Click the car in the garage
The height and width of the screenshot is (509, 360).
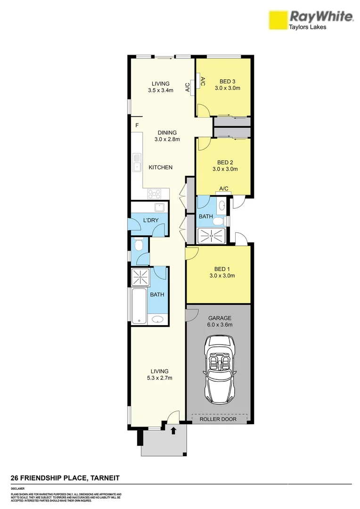pos(218,370)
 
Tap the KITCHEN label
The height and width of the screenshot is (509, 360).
pos(161,167)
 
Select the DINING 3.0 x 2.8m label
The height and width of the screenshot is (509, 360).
pos(167,136)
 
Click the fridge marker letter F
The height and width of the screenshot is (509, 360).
pos(137,125)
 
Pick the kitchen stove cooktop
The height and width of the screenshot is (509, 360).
pos(155,193)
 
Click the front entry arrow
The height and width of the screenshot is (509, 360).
pos(173,430)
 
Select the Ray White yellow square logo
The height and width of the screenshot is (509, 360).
pos(278,21)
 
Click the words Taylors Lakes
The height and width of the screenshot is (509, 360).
pos(307,27)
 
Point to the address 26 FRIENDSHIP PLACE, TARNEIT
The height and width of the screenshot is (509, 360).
pos(65,478)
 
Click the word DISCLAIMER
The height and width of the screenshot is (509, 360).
pos(18,489)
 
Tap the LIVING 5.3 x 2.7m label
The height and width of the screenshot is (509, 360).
pos(156,374)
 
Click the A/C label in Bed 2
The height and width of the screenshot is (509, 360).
pos(223,189)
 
